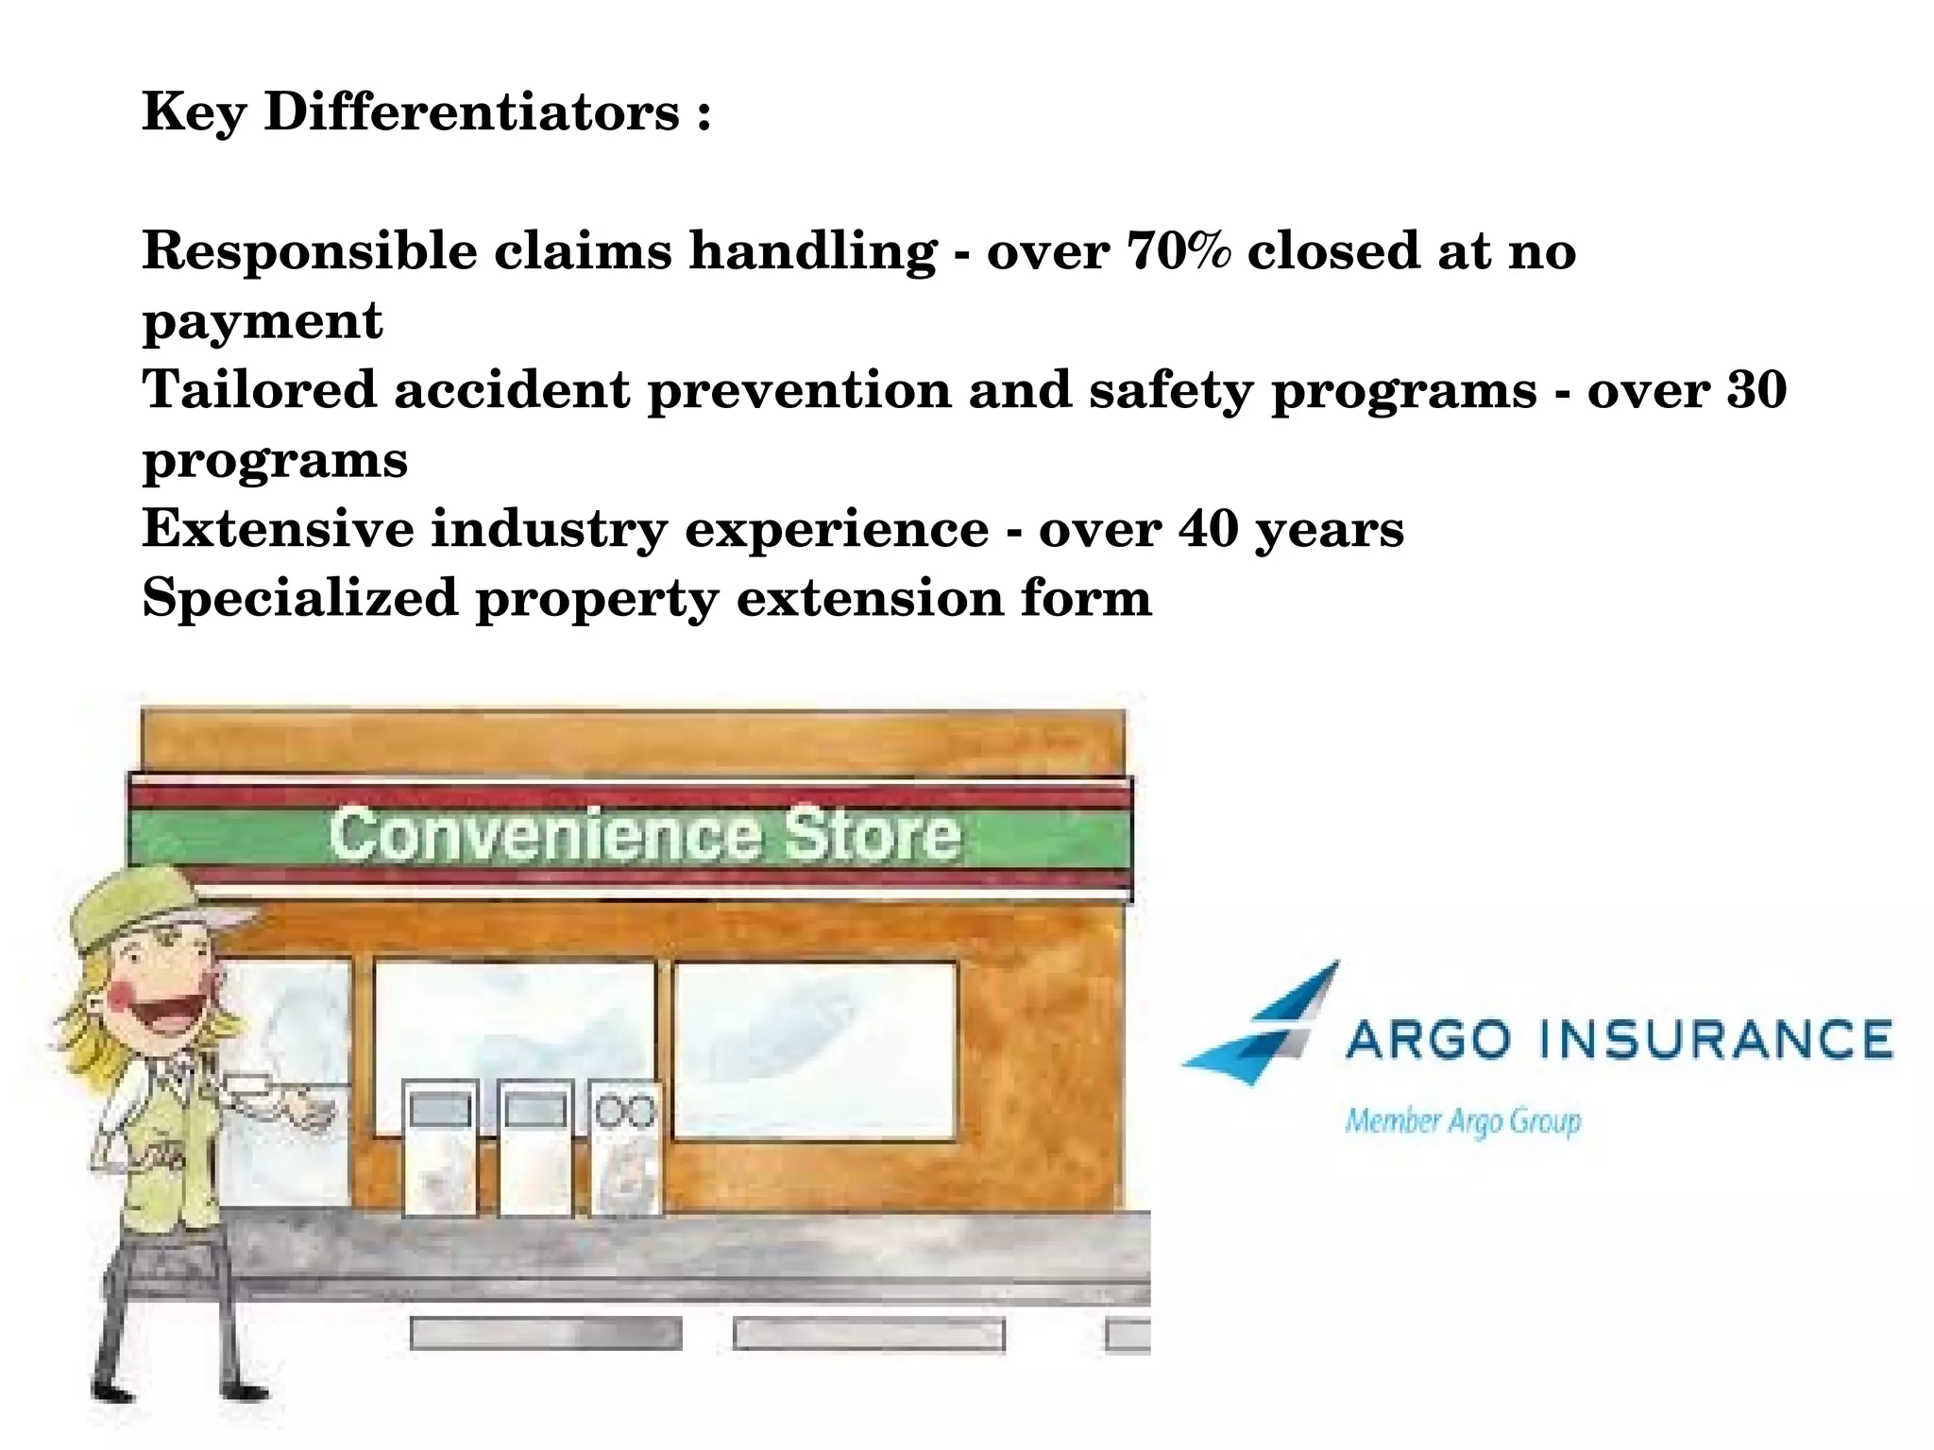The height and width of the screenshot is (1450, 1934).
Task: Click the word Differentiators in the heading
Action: (471, 111)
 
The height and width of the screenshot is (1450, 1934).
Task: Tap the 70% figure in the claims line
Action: (1179, 251)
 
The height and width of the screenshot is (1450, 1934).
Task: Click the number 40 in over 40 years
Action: (1208, 528)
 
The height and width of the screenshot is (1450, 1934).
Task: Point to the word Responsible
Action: (309, 251)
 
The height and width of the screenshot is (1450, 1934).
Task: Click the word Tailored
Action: (259, 389)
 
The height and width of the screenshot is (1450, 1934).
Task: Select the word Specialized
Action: (299, 598)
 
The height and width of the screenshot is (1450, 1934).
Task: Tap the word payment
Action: (263, 321)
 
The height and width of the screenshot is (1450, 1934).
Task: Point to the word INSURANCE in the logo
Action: (1715, 1039)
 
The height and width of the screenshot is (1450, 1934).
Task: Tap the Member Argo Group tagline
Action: (1462, 1121)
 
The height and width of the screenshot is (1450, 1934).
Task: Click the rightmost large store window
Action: (815, 1049)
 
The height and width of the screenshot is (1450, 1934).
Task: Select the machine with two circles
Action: (625, 1148)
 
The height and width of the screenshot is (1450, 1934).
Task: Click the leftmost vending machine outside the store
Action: (440, 1148)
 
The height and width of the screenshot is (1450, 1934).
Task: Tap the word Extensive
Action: (278, 528)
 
